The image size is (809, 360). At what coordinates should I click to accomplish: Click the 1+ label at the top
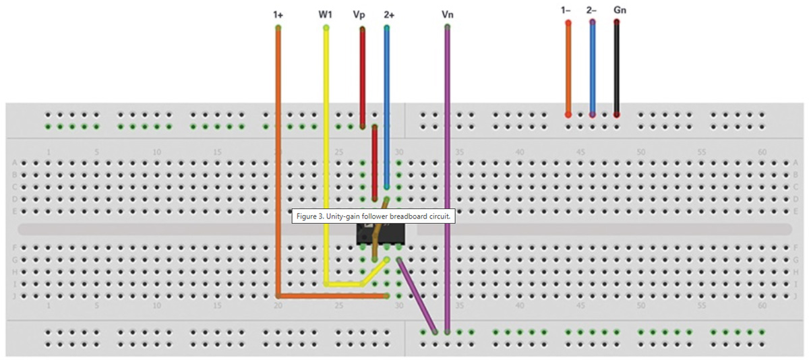tap(278, 13)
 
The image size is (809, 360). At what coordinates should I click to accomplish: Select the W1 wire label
tap(326, 13)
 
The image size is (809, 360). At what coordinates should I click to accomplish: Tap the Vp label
tap(360, 13)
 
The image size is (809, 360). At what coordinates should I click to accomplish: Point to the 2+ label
tap(390, 13)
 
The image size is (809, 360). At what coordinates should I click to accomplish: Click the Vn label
tap(448, 13)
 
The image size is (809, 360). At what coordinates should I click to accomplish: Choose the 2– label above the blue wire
tap(592, 10)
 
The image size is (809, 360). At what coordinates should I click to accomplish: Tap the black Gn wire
tap(616, 67)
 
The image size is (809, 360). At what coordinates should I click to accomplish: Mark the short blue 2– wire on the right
tap(592, 67)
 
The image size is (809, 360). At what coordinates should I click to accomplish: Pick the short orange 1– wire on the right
tap(568, 67)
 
